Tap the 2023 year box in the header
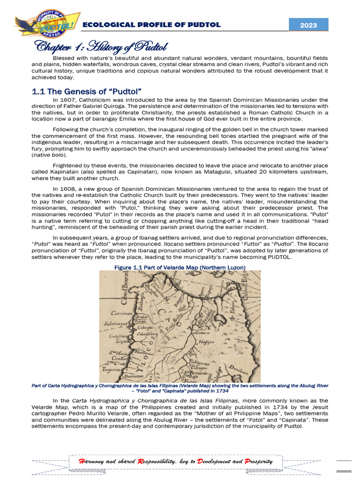[x=308, y=25]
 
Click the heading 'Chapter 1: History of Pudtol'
[x=99, y=47]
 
